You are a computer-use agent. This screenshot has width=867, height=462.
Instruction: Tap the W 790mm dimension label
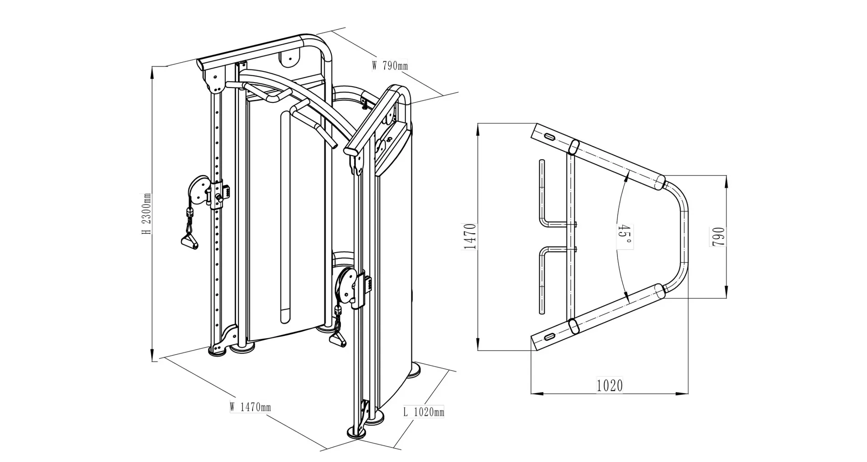[x=390, y=66]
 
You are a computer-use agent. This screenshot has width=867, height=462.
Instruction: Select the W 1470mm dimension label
[x=250, y=407]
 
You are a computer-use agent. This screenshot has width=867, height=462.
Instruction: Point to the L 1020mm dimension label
[x=423, y=411]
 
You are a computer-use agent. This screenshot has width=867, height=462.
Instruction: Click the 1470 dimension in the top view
[x=470, y=236]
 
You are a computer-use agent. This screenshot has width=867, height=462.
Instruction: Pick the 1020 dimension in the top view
[x=610, y=386]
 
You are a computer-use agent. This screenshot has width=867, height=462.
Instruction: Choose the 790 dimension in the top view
[x=718, y=237]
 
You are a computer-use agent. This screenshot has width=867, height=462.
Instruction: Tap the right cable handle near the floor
[x=338, y=339]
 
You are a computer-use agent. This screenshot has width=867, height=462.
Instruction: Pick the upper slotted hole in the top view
[x=550, y=136]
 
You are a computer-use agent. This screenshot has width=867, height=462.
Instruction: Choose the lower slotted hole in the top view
[x=550, y=337]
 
